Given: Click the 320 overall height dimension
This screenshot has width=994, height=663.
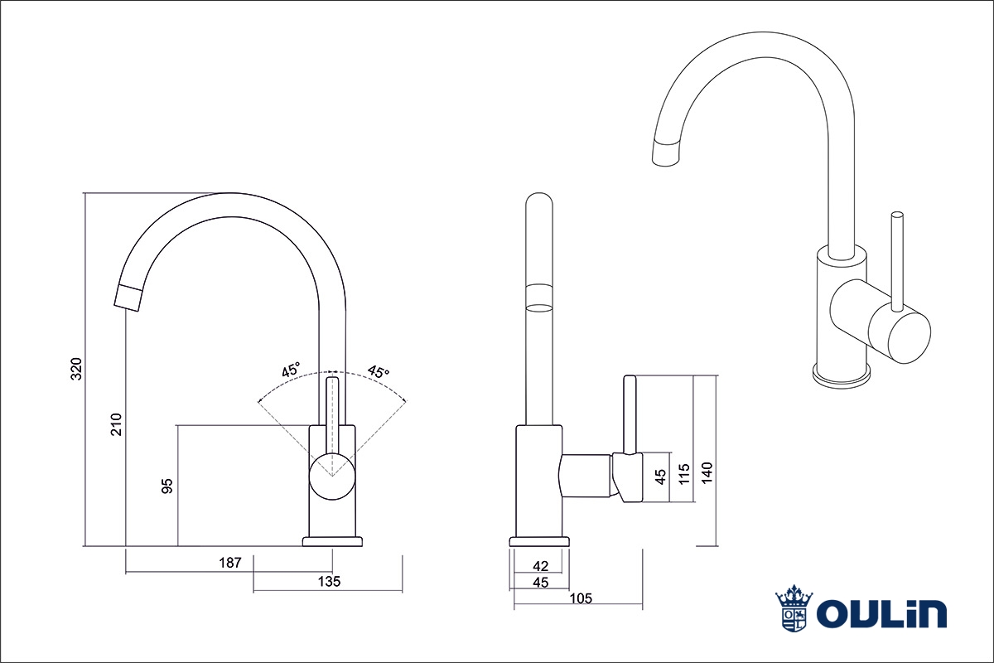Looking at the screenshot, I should coord(76,369).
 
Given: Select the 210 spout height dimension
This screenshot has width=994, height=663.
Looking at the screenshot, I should coord(117,423).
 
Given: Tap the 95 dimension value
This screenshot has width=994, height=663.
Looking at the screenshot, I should coord(166,486).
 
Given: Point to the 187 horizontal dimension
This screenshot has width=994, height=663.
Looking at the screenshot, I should coord(229,563).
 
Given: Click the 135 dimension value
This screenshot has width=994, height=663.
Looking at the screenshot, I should coord(329,582).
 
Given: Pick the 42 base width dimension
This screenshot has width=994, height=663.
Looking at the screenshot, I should coord(540,566).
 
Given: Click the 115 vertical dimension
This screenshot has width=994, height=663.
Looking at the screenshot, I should coord(684,473).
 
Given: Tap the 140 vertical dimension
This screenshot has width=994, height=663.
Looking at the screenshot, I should coord(707,472).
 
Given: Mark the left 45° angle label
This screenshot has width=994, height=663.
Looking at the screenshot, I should coord(290,370).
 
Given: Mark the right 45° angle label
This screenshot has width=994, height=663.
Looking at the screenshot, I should coord(378,372).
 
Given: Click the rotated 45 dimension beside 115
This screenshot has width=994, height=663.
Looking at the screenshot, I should coord(660,477).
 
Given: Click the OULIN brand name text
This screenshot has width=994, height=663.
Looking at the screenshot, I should coord(881,614).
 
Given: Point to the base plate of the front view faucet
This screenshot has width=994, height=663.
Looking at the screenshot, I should coord(332,542).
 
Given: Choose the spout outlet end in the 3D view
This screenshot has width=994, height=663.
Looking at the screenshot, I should coord(668,154).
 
